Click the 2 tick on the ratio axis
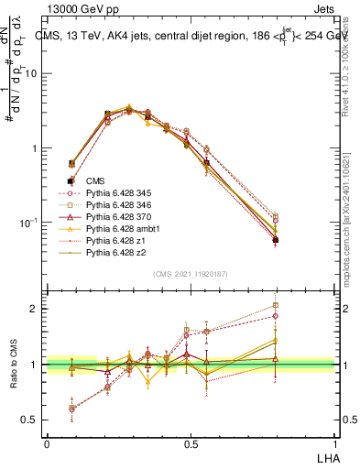coord(36,309)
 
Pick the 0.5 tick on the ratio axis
coord(33,420)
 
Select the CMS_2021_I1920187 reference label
coord(191,274)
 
